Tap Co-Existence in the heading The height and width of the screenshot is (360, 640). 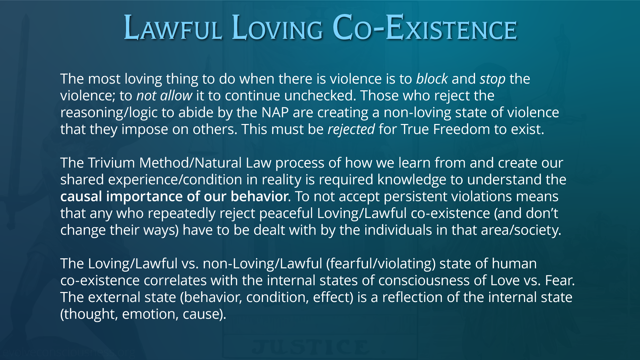click(x=424, y=27)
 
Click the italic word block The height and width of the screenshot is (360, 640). click(x=432, y=79)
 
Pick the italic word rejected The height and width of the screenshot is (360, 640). click(x=351, y=130)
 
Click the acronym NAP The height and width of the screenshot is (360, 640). click(x=275, y=113)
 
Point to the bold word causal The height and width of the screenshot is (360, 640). click(x=81, y=197)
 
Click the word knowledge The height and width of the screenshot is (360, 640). click(x=412, y=180)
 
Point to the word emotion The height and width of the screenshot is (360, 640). click(x=150, y=314)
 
